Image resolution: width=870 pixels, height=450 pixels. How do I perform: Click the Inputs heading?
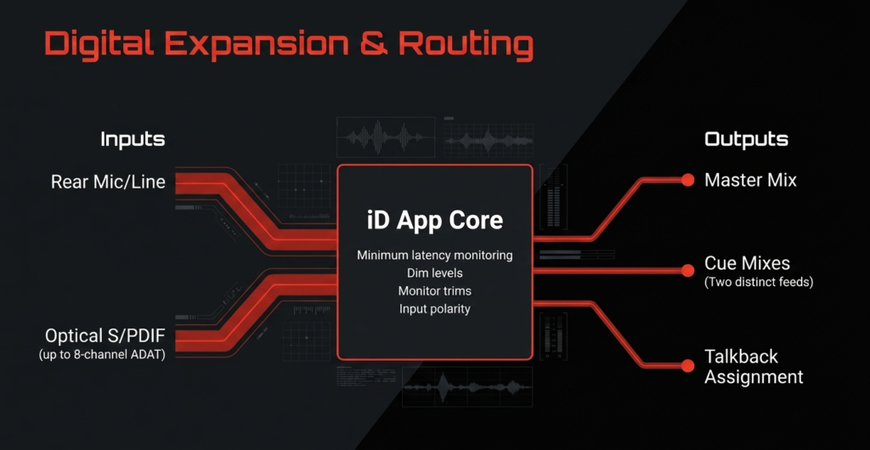133,139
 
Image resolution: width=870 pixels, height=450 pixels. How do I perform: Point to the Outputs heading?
746,139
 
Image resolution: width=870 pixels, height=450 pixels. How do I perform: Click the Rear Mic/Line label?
108,182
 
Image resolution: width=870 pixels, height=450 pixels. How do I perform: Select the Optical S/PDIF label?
105,336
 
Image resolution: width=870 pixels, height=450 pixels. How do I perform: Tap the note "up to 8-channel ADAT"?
102,355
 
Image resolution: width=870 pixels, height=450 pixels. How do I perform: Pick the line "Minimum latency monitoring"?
435,256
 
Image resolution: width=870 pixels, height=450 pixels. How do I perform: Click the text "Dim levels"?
435,273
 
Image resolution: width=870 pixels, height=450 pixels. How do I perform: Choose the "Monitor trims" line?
435,291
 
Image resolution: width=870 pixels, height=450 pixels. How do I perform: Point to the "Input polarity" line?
435,309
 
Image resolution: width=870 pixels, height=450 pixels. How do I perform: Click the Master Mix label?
751,180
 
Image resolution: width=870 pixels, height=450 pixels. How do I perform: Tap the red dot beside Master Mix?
688,180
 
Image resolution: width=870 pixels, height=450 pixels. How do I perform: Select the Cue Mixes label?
748,262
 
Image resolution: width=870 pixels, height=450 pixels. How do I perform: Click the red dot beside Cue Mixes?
688,271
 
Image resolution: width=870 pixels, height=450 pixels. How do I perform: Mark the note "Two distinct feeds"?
759,282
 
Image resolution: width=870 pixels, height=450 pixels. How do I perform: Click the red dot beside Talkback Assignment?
688,366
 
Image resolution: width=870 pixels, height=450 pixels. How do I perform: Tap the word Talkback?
741,356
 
